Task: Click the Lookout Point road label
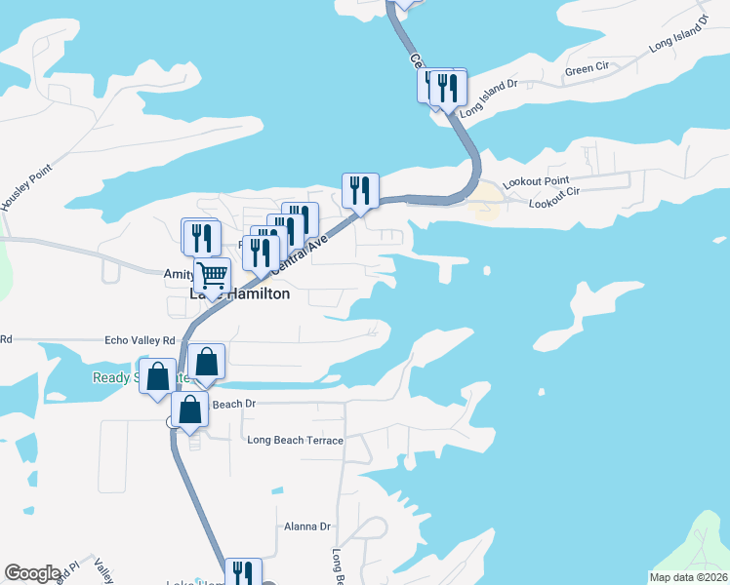point(536,182)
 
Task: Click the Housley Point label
point(18,194)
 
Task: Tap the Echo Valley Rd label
point(140,340)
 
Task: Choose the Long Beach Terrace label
point(295,441)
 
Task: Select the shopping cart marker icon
point(212,274)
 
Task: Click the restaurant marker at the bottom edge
point(242,572)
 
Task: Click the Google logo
point(33,573)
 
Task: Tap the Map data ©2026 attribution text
point(688,577)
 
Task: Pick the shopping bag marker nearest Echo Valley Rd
point(207,361)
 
